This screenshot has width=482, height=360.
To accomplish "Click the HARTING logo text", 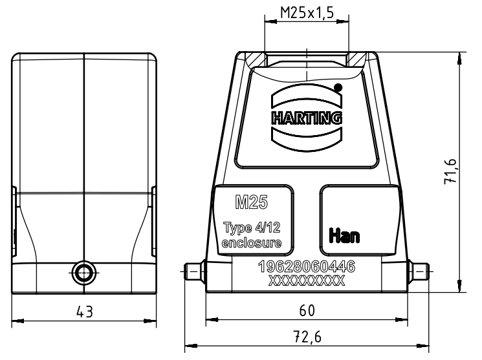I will tap(307, 118).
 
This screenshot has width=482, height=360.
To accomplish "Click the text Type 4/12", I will tap(251, 228).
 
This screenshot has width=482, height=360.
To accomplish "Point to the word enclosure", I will tap(251, 243).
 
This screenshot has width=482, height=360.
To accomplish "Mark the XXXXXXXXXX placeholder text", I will tap(306, 280).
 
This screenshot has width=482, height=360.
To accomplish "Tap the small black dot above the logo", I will tap(338, 87).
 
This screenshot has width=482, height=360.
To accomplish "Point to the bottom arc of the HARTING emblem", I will tap(307, 138).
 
